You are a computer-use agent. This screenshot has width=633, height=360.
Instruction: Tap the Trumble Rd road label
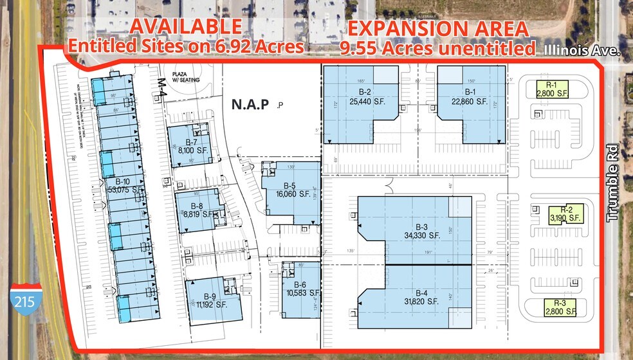point(612,183)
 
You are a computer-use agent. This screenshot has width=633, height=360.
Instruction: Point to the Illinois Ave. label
point(582,50)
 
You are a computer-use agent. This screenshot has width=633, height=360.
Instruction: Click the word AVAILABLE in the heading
point(187,27)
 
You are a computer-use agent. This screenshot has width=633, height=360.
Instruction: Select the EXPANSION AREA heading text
point(438,29)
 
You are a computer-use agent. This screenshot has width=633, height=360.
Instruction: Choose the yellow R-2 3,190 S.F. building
point(566,214)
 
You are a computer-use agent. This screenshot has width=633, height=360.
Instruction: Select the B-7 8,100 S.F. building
point(186,146)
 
